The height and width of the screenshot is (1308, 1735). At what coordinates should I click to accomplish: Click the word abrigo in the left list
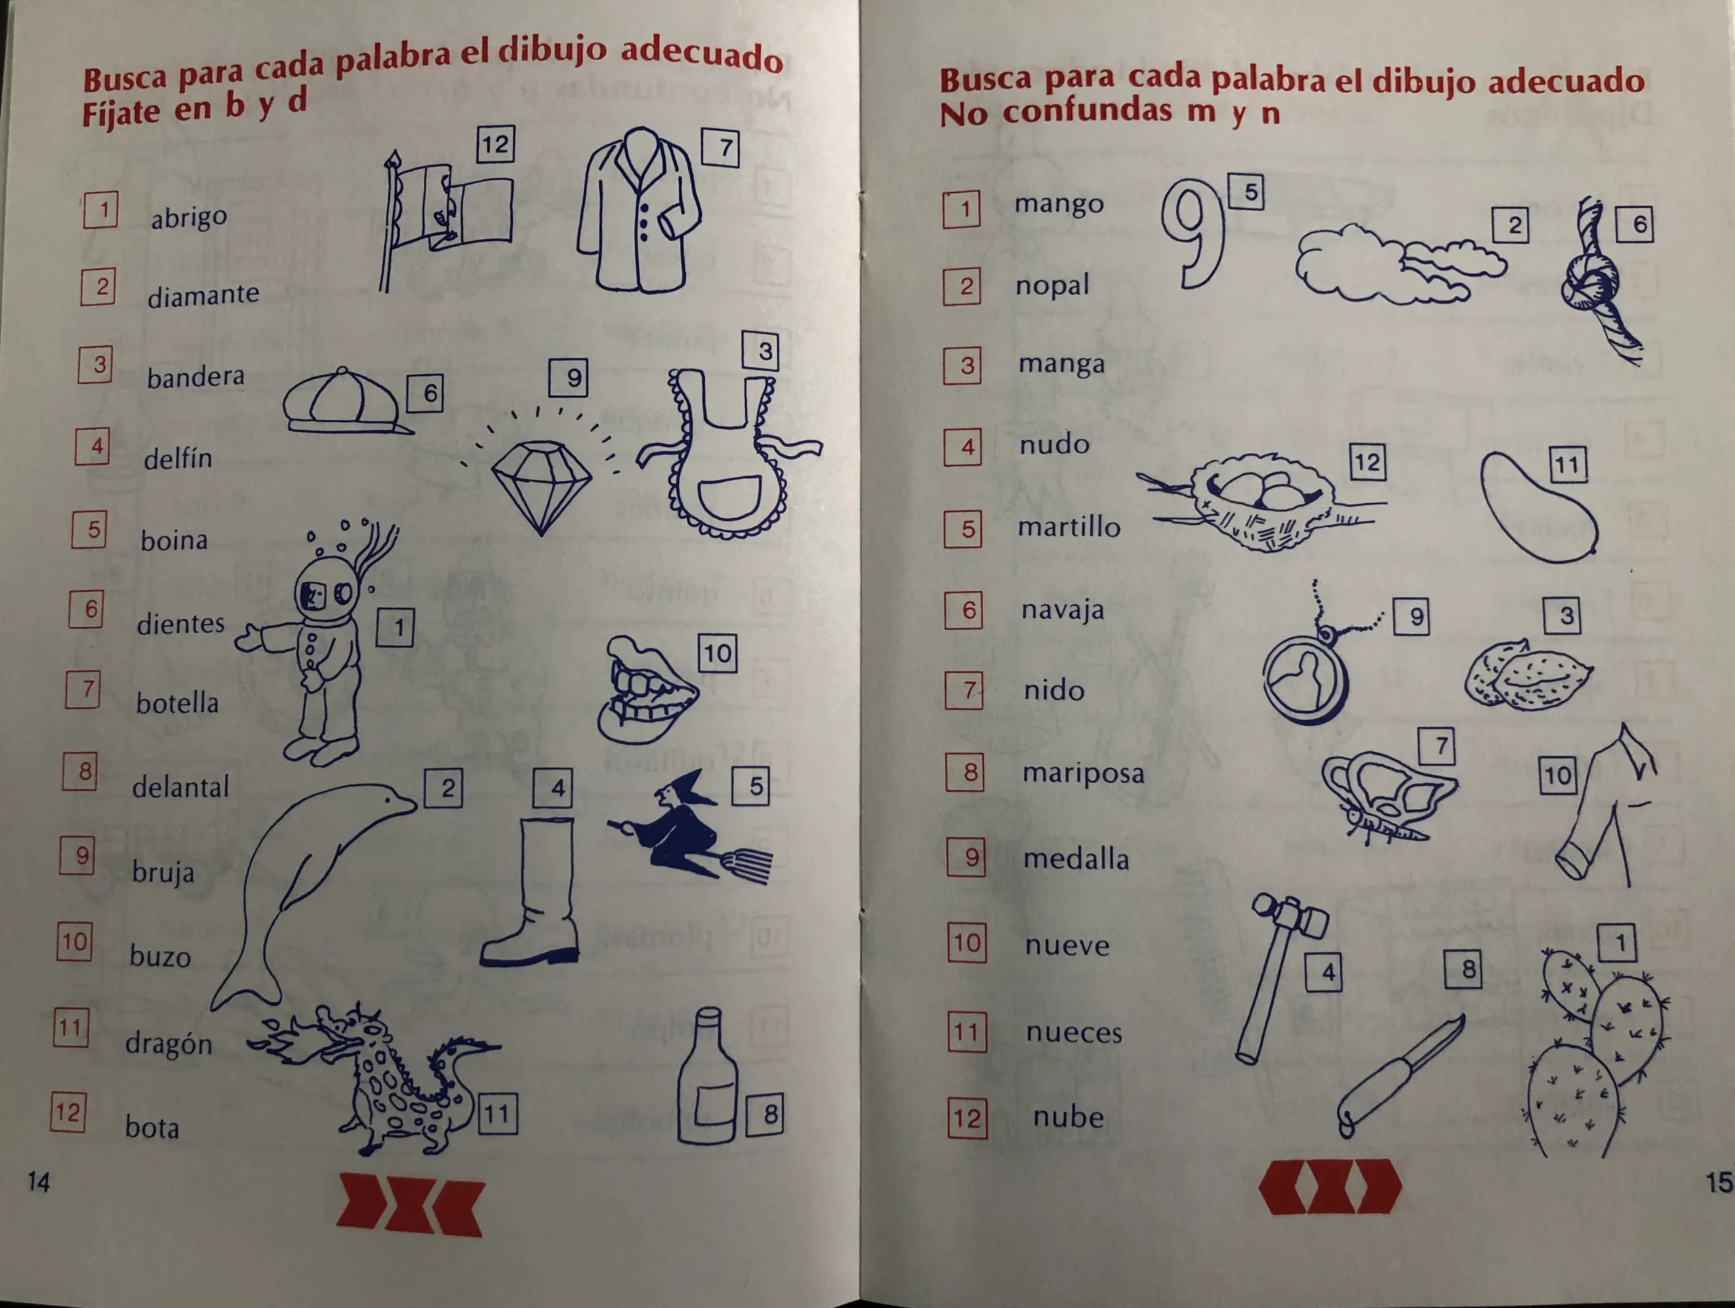[189, 218]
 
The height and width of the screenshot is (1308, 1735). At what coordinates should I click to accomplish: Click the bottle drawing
[706, 1082]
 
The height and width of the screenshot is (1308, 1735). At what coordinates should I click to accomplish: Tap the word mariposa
[1083, 774]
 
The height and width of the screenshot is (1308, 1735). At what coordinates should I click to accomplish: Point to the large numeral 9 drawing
[1193, 231]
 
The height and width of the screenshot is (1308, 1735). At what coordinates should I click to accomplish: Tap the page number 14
[39, 1182]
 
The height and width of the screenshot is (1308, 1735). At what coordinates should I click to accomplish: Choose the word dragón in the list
[169, 1044]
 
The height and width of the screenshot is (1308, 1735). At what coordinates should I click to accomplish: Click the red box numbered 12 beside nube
[966, 1118]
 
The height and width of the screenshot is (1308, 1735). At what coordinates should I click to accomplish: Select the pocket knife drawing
[1396, 1074]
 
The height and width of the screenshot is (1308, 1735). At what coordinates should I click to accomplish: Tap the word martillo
[1069, 527]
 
